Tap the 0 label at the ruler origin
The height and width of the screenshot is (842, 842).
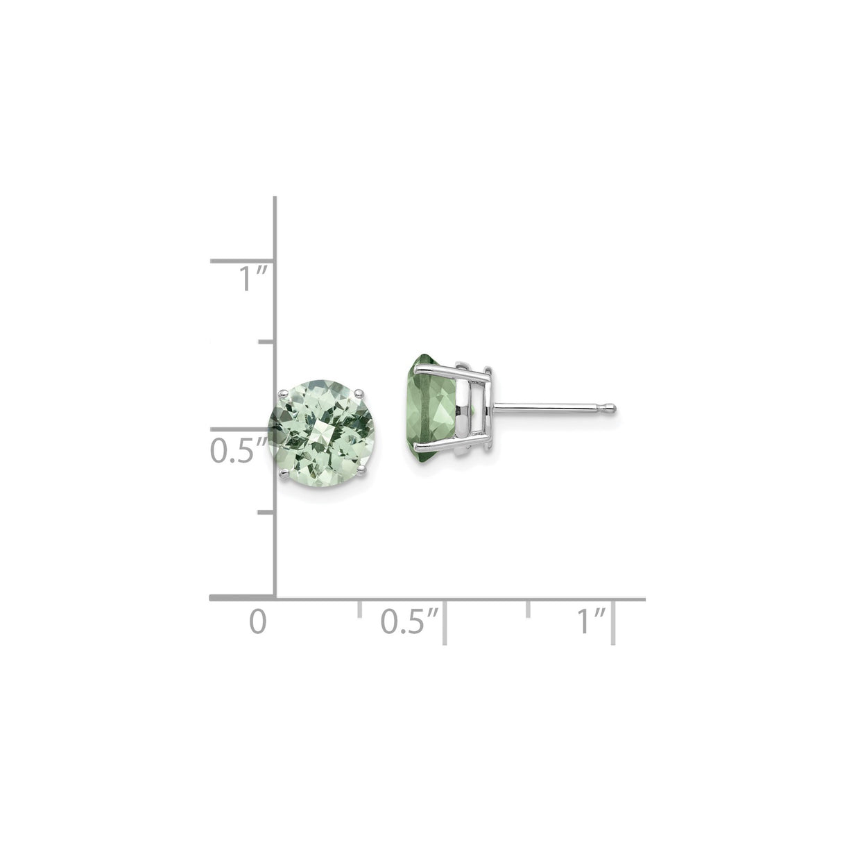[258, 621]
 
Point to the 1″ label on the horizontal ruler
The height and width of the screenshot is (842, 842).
[592, 621]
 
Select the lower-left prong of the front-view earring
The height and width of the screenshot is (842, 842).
[283, 473]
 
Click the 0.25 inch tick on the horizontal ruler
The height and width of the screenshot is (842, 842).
[359, 608]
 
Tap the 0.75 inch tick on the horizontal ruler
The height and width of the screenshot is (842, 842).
[529, 608]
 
